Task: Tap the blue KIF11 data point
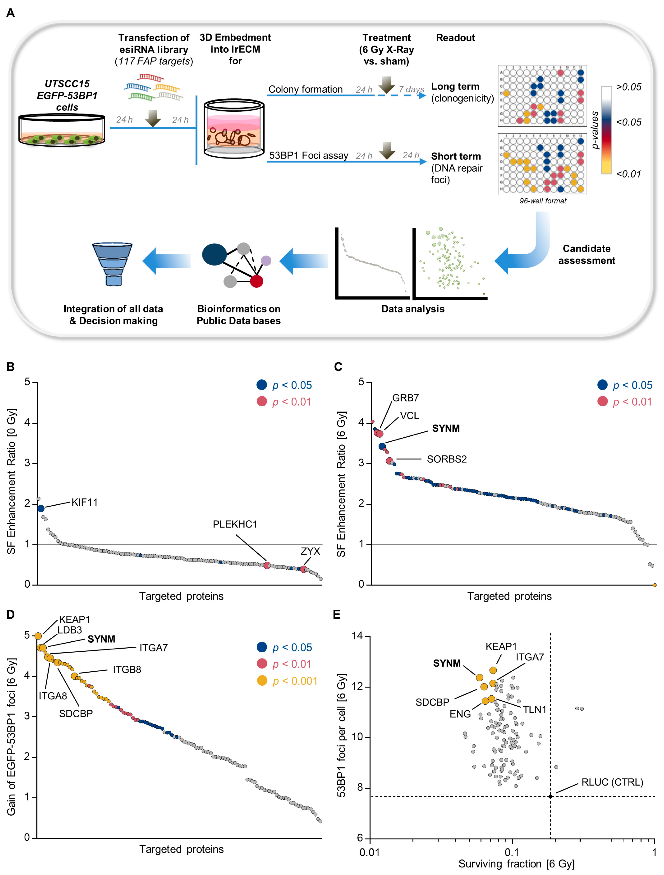tap(41, 508)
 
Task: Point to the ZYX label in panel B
tap(310, 551)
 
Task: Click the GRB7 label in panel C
tap(405, 398)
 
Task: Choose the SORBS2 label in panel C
tap(447, 459)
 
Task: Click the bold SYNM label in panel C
tap(446, 428)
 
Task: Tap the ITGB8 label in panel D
tap(127, 670)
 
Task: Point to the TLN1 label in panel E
tap(534, 710)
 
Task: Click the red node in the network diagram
tap(256, 281)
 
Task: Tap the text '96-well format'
tap(543, 201)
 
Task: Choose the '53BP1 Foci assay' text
tap(309, 155)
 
